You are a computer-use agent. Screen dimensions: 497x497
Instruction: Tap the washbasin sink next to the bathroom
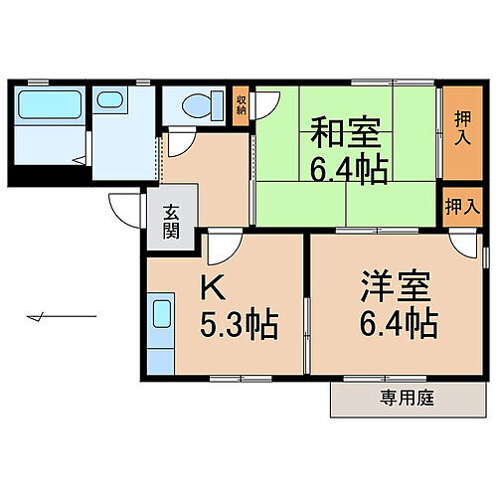click(108, 102)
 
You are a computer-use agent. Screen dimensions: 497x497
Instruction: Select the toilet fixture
click(198, 104)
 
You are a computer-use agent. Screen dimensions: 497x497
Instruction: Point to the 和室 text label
click(348, 132)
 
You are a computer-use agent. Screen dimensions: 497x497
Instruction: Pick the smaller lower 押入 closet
click(459, 207)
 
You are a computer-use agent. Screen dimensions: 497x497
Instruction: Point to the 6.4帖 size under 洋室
click(396, 324)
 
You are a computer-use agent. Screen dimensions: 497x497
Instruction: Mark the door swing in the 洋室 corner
click(463, 247)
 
